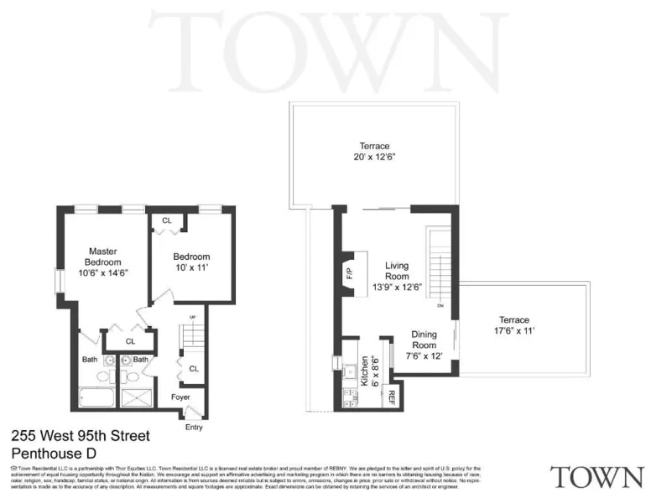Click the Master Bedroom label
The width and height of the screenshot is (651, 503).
pyautogui.click(x=102, y=261)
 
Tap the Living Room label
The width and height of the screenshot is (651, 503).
pyautogui.click(x=397, y=276)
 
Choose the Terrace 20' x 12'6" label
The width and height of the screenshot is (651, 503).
pyautogui.click(x=374, y=151)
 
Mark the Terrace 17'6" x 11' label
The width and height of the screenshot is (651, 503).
pyautogui.click(x=514, y=325)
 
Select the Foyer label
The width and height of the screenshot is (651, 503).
pyautogui.click(x=180, y=397)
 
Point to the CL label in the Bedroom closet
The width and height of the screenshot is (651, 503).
pyautogui.click(x=167, y=220)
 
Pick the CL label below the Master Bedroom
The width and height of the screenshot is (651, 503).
pyautogui.click(x=130, y=341)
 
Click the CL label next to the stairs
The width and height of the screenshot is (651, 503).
pyautogui.click(x=193, y=369)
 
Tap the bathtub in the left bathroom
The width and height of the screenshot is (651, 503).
pyautogui.click(x=93, y=397)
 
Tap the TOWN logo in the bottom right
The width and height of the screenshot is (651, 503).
pyautogui.click(x=596, y=477)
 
